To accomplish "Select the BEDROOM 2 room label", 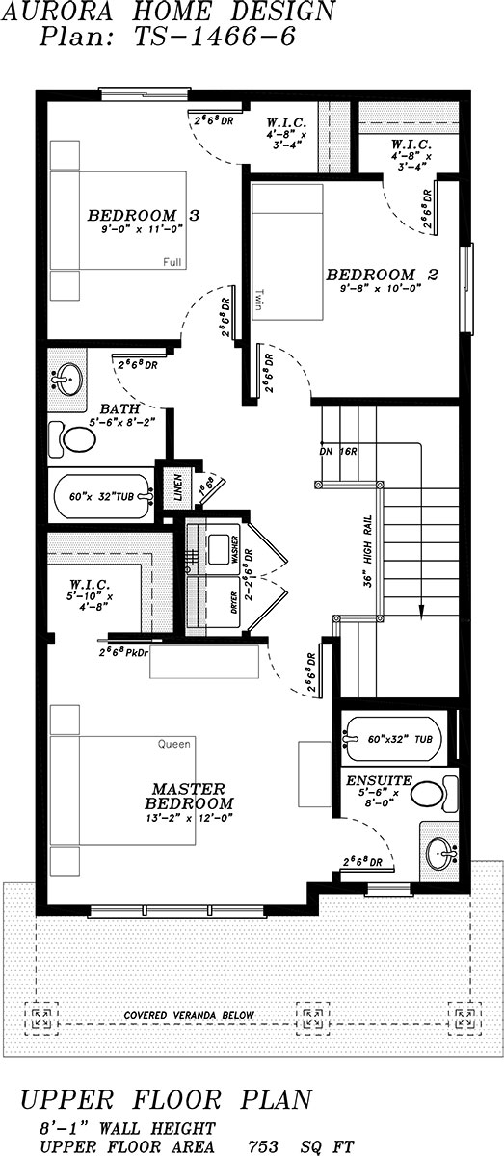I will tap(383, 275).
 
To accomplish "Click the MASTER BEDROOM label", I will tap(189, 796).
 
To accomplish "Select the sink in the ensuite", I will tap(443, 851).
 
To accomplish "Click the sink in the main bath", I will tap(66, 379).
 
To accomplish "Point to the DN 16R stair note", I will tap(336, 451).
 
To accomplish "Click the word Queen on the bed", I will tap(176, 744).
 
